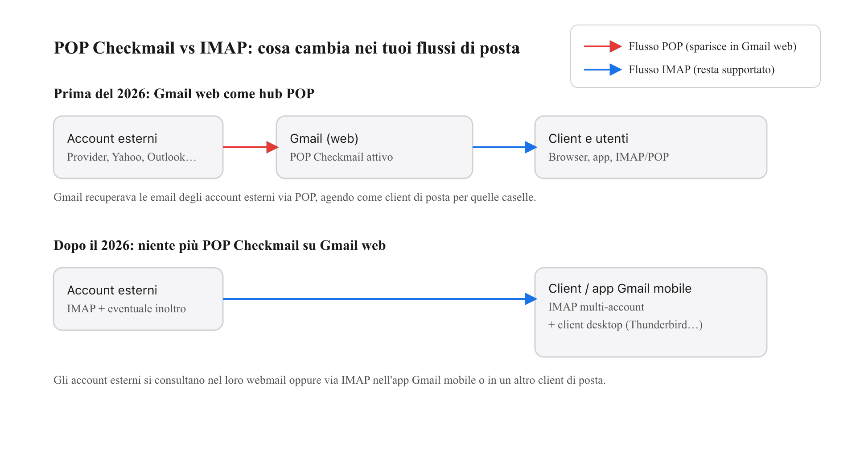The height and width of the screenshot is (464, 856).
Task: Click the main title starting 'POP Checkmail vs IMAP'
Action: (287, 48)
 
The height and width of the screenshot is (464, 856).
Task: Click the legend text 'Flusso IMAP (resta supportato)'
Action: (701, 70)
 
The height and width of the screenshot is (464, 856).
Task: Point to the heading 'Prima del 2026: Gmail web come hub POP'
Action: (184, 94)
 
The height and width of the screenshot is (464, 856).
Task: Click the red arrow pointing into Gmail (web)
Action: (250, 147)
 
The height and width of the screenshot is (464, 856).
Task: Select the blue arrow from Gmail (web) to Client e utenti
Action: (504, 147)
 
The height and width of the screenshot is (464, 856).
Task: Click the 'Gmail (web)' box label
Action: (324, 139)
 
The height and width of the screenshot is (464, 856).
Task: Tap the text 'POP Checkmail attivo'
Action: (341, 157)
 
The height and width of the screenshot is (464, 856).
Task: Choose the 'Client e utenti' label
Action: (588, 139)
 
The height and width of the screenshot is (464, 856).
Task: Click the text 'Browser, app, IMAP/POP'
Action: (609, 157)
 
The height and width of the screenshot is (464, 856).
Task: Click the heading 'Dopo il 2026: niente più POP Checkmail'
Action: (219, 245)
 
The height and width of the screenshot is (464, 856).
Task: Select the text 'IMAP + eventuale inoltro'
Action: (126, 309)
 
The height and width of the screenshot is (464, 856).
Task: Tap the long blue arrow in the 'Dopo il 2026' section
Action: (379, 299)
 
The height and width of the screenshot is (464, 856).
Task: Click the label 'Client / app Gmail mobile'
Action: (620, 289)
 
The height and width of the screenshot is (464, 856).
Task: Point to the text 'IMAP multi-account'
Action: (596, 307)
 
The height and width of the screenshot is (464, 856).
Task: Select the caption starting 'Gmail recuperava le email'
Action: (294, 197)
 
